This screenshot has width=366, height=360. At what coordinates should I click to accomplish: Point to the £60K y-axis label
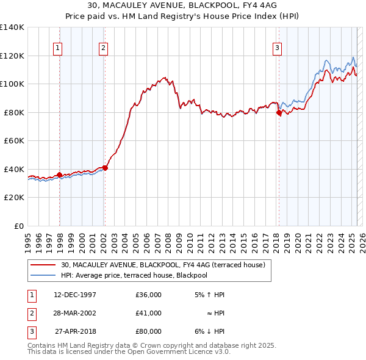(13, 140)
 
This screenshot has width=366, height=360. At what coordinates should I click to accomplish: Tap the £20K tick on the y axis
(13, 197)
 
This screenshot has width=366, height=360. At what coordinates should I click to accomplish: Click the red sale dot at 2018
(279, 113)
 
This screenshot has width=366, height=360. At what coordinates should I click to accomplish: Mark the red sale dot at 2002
(105, 168)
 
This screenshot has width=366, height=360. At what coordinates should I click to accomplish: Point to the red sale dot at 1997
(59, 175)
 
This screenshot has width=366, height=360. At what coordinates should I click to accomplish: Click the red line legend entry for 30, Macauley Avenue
(163, 265)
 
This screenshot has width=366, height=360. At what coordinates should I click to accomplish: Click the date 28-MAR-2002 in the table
(75, 313)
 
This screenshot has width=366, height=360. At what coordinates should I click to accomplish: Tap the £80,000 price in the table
(148, 331)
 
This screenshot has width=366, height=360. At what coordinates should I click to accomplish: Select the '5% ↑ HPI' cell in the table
(209, 295)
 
